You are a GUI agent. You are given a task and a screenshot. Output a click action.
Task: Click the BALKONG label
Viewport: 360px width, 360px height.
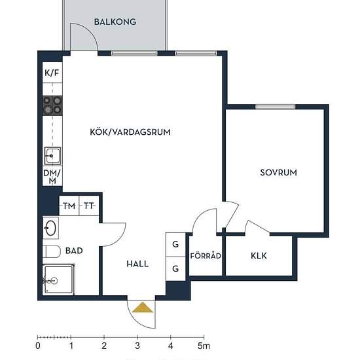click(115, 22)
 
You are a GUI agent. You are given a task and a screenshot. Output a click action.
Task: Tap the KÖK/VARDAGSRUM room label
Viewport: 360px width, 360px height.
click(130, 132)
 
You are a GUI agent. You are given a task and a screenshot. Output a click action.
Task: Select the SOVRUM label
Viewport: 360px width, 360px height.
click(278, 173)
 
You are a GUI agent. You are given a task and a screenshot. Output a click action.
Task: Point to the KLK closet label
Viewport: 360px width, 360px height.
click(259, 256)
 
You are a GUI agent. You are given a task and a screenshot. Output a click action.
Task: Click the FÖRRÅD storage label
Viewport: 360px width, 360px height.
click(206, 255)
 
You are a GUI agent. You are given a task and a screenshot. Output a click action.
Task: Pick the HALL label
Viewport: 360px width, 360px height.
click(137, 264)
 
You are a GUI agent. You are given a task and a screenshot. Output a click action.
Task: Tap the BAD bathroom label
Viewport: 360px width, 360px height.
click(74, 251)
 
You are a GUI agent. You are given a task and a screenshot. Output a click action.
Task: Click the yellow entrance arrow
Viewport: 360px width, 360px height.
click(143, 307)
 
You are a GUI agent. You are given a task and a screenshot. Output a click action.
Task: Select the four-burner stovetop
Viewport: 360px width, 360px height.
click(52, 105)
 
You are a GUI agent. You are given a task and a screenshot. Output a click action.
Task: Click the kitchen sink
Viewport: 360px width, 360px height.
click(52, 156)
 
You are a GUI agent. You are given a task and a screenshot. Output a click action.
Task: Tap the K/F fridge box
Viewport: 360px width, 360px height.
click(52, 73)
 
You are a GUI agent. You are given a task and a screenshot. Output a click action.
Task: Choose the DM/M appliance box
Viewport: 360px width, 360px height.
click(52, 177)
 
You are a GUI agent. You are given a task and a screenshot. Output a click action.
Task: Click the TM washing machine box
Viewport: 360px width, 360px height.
click(69, 206)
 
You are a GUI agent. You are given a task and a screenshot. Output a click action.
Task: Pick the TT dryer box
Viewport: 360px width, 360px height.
click(89, 206)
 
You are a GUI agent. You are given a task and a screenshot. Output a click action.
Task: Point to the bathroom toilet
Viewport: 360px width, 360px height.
click(52, 251)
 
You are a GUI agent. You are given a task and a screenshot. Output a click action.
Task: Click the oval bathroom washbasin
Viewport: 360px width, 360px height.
click(51, 228)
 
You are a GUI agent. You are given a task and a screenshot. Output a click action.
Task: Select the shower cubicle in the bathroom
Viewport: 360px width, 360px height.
click(59, 279)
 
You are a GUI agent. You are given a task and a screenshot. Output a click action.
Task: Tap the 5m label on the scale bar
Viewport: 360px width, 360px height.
click(204, 346)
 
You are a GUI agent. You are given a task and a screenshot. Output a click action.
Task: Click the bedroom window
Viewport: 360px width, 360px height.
click(276, 107)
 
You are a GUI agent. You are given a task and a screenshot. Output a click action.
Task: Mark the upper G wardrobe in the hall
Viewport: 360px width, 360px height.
click(175, 245)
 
